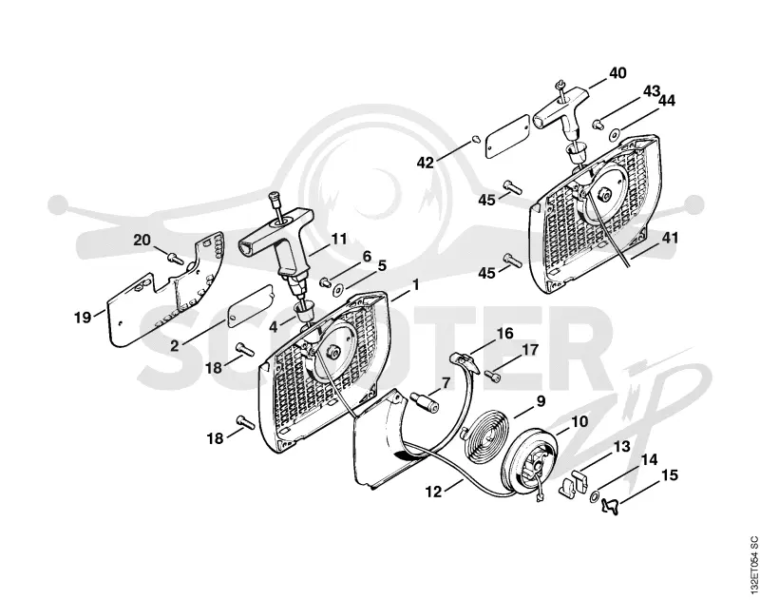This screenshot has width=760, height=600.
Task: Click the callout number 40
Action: pos(617,73)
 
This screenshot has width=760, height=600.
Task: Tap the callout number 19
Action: pos(83,318)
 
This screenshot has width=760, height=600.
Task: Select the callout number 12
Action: pos(434,492)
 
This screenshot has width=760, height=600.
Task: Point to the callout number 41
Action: pos(671,238)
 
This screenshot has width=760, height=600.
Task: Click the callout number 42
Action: pos(426,163)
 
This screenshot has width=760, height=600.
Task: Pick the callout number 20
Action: pos(142,240)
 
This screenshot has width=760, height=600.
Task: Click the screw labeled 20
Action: pos(176,259)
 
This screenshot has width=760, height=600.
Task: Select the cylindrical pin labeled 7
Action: pos(425,401)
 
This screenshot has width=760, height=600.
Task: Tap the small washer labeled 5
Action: pos(337,291)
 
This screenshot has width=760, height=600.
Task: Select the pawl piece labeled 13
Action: pos(574,482)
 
